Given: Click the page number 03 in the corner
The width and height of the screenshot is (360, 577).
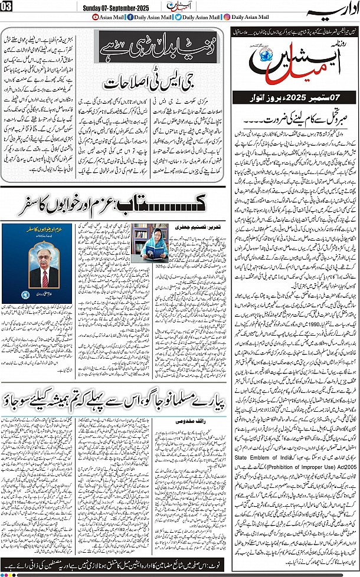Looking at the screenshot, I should tap(7, 6).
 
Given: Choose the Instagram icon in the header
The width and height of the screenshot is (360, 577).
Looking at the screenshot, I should tap(227, 17).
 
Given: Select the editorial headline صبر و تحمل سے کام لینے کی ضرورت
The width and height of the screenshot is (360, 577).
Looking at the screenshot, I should tap(294, 114).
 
